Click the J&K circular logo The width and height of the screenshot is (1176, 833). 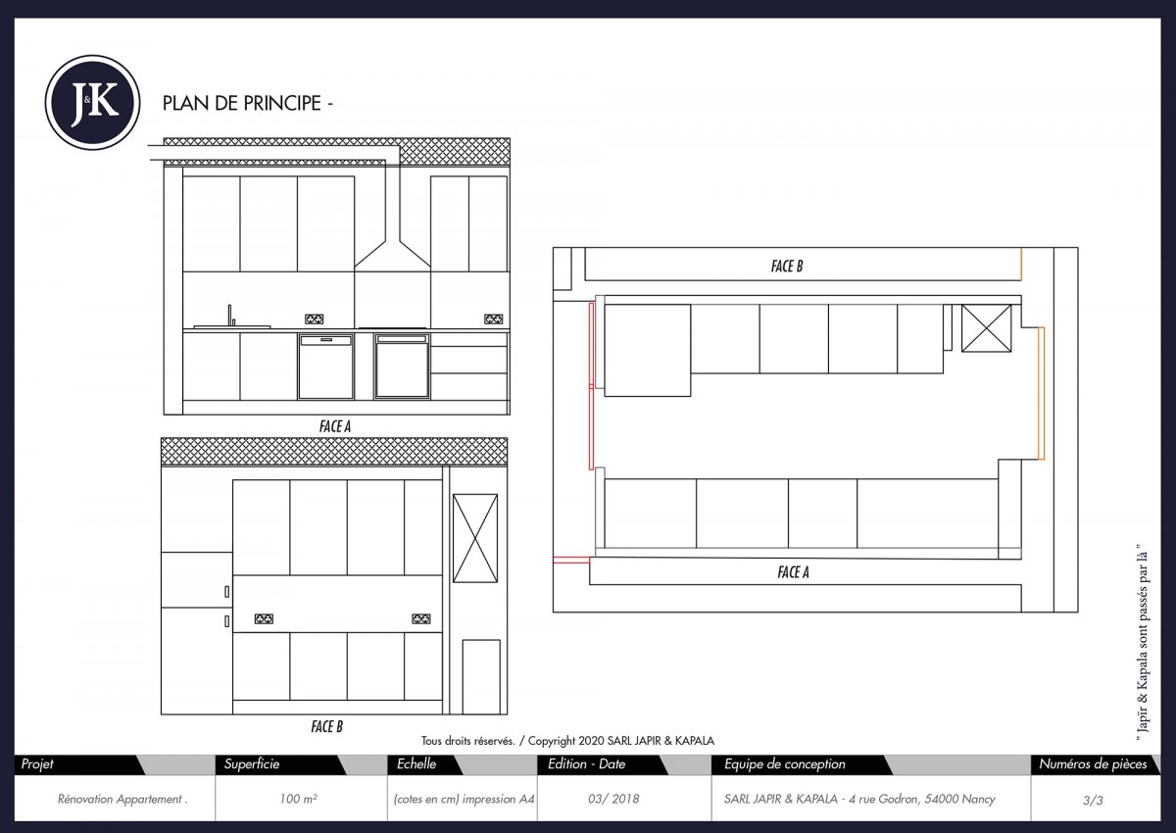click(x=93, y=102)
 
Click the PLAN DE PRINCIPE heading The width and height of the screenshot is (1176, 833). click(x=248, y=103)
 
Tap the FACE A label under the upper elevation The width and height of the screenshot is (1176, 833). click(x=335, y=426)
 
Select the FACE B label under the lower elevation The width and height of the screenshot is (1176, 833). click(x=326, y=726)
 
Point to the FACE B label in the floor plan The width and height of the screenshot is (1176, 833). click(x=787, y=266)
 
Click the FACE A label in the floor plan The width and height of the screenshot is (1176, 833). click(x=793, y=572)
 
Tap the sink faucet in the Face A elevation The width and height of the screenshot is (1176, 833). click(x=231, y=315)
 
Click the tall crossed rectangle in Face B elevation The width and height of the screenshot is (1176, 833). click(x=475, y=538)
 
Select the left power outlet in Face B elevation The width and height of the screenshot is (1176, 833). click(x=264, y=618)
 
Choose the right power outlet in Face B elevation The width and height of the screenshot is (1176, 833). click(x=420, y=618)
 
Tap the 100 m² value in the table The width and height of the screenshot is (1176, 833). click(x=297, y=800)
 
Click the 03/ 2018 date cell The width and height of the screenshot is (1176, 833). click(x=613, y=800)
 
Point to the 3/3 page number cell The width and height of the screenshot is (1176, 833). click(x=1093, y=800)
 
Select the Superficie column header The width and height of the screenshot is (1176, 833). click(x=252, y=764)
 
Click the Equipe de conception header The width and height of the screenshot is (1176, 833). click(x=784, y=764)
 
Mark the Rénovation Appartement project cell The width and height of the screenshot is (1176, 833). click(x=122, y=800)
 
